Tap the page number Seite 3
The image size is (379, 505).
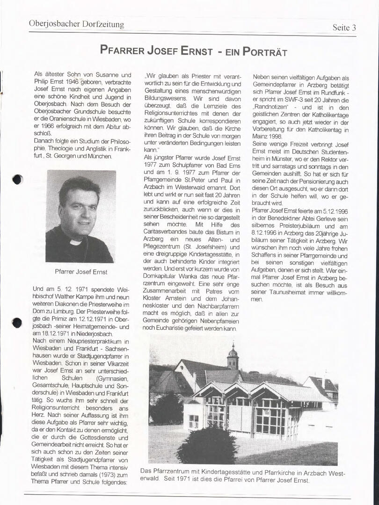click(x=344, y=27)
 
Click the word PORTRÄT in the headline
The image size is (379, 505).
click(x=264, y=51)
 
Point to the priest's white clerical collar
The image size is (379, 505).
click(x=76, y=241)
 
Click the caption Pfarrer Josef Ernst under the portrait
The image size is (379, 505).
click(x=81, y=272)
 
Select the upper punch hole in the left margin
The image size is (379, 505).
click(x=17, y=179)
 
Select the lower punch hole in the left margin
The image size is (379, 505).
click(x=17, y=322)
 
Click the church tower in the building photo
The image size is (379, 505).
click(x=233, y=358)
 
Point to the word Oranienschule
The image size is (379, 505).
click(x=61, y=119)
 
